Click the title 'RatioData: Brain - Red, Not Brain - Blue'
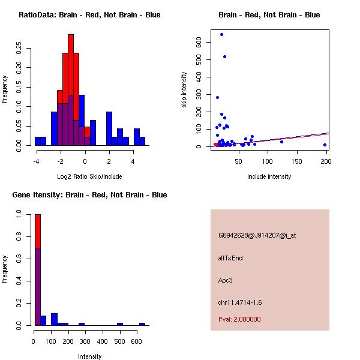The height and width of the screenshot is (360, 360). click(x=89, y=15)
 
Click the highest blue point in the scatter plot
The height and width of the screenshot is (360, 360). click(x=221, y=34)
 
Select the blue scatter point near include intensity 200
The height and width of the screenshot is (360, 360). click(x=325, y=145)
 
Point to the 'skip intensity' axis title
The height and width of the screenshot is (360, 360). click(x=184, y=90)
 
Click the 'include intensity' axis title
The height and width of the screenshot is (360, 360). click(x=269, y=176)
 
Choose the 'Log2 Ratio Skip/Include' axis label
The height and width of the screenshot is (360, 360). click(x=89, y=176)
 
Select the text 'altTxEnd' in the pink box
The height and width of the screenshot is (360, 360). click(x=230, y=258)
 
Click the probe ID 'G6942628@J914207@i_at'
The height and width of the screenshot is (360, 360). click(x=257, y=235)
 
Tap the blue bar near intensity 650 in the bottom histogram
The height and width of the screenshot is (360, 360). click(x=142, y=324)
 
